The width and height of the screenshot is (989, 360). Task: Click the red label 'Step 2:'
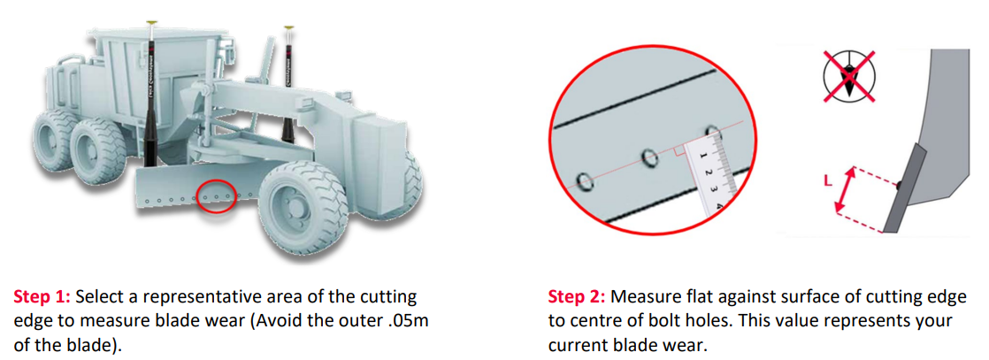578,296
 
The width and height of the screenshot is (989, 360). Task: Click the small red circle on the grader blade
217,196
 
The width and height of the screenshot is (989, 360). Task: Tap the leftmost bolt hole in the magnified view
584,182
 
